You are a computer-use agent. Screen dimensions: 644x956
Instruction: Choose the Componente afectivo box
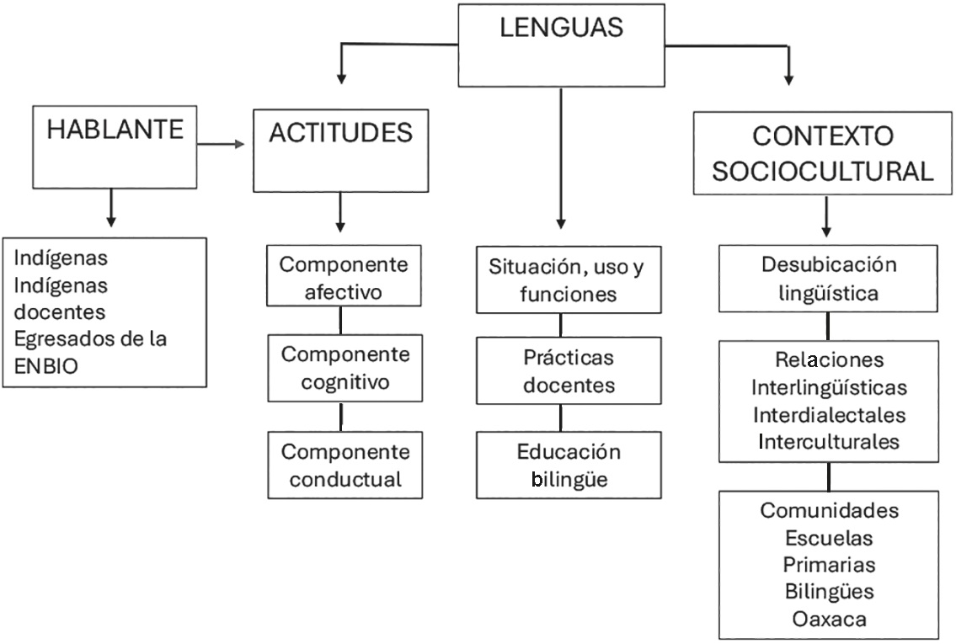(x=344, y=277)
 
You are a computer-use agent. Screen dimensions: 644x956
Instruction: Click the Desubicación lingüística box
(x=828, y=279)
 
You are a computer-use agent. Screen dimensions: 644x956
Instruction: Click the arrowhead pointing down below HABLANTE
(x=111, y=221)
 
